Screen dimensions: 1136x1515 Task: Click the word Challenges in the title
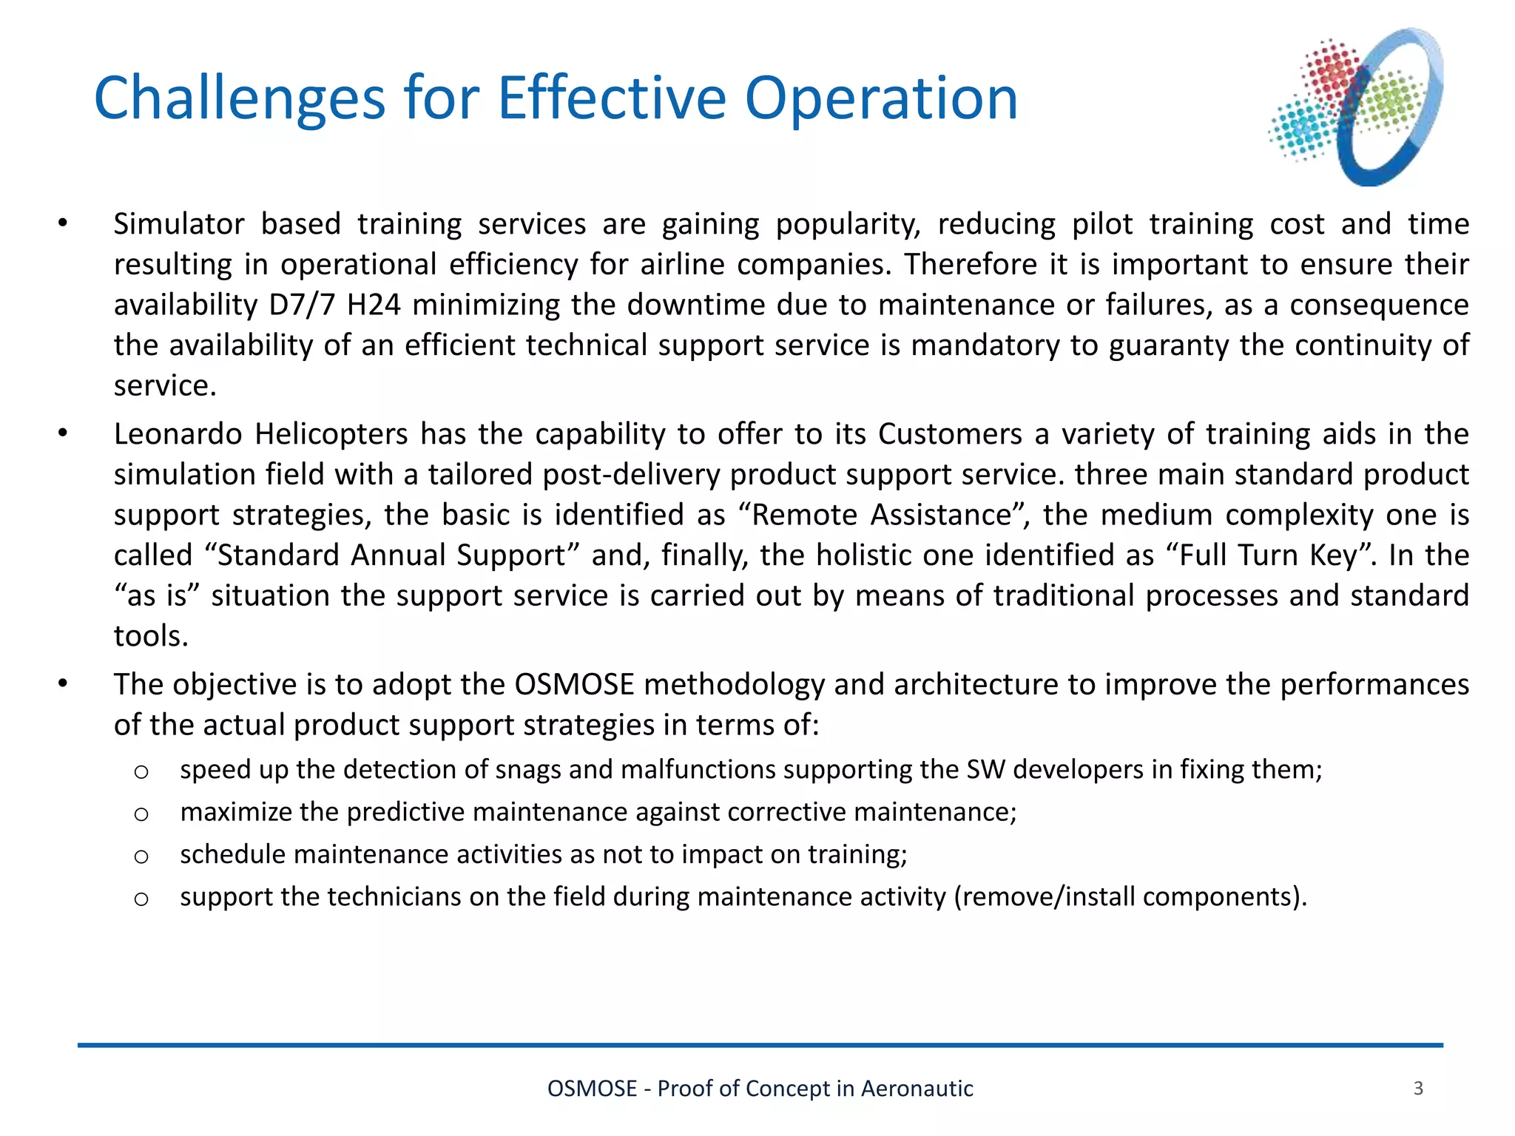point(239,98)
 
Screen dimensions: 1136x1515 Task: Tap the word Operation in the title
point(880,98)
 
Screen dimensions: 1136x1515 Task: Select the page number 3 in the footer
point(1417,1088)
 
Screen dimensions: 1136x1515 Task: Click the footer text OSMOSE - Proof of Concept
point(760,1089)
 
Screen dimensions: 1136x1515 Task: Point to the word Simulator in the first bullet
point(178,224)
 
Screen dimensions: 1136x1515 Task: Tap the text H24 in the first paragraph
point(374,305)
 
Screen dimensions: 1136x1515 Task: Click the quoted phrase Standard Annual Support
point(391,555)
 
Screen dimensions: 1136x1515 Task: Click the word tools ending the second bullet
point(150,636)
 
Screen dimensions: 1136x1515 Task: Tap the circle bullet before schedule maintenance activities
point(141,856)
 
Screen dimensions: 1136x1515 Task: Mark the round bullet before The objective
point(63,684)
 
